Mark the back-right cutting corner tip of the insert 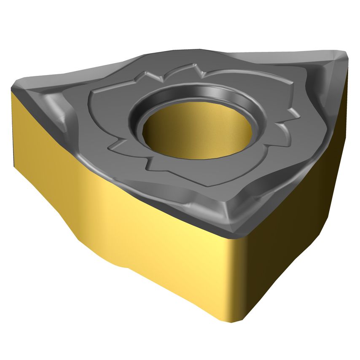coord(344,55)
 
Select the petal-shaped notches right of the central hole coord(287,122)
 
